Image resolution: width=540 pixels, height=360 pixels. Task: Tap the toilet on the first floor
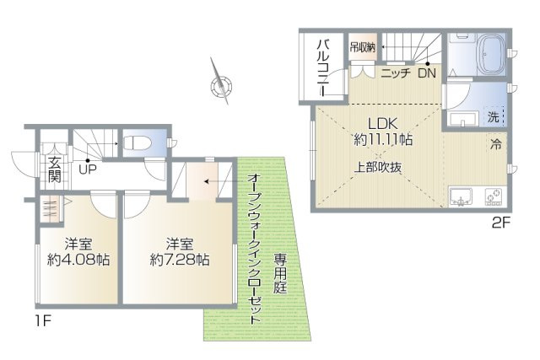point(136,142)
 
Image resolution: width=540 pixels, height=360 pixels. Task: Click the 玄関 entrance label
point(54,169)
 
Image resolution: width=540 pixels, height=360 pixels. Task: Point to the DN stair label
point(426,73)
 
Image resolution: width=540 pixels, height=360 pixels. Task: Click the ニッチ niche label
point(394,74)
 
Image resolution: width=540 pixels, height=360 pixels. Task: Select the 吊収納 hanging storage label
point(363,48)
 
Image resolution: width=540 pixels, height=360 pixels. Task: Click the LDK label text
point(381,120)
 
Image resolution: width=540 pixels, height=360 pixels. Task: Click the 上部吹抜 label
point(377,166)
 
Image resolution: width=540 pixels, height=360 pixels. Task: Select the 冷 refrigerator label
point(497,145)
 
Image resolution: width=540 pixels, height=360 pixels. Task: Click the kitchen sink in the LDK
point(461,196)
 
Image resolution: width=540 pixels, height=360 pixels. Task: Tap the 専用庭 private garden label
point(278,275)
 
